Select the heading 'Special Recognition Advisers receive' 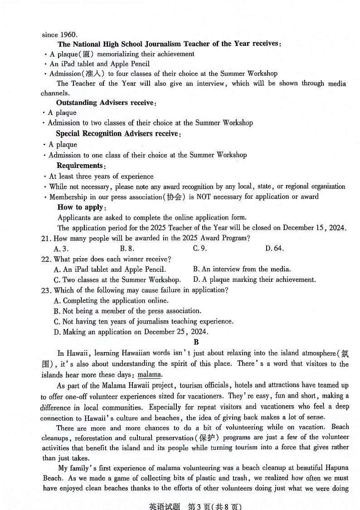point(118,134)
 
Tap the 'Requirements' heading point(80,166)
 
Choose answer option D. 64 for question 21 point(274,248)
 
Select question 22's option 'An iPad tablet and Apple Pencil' point(109,270)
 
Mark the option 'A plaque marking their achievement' point(254,280)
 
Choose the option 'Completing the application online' point(111,300)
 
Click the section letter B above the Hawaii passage point(196,342)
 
